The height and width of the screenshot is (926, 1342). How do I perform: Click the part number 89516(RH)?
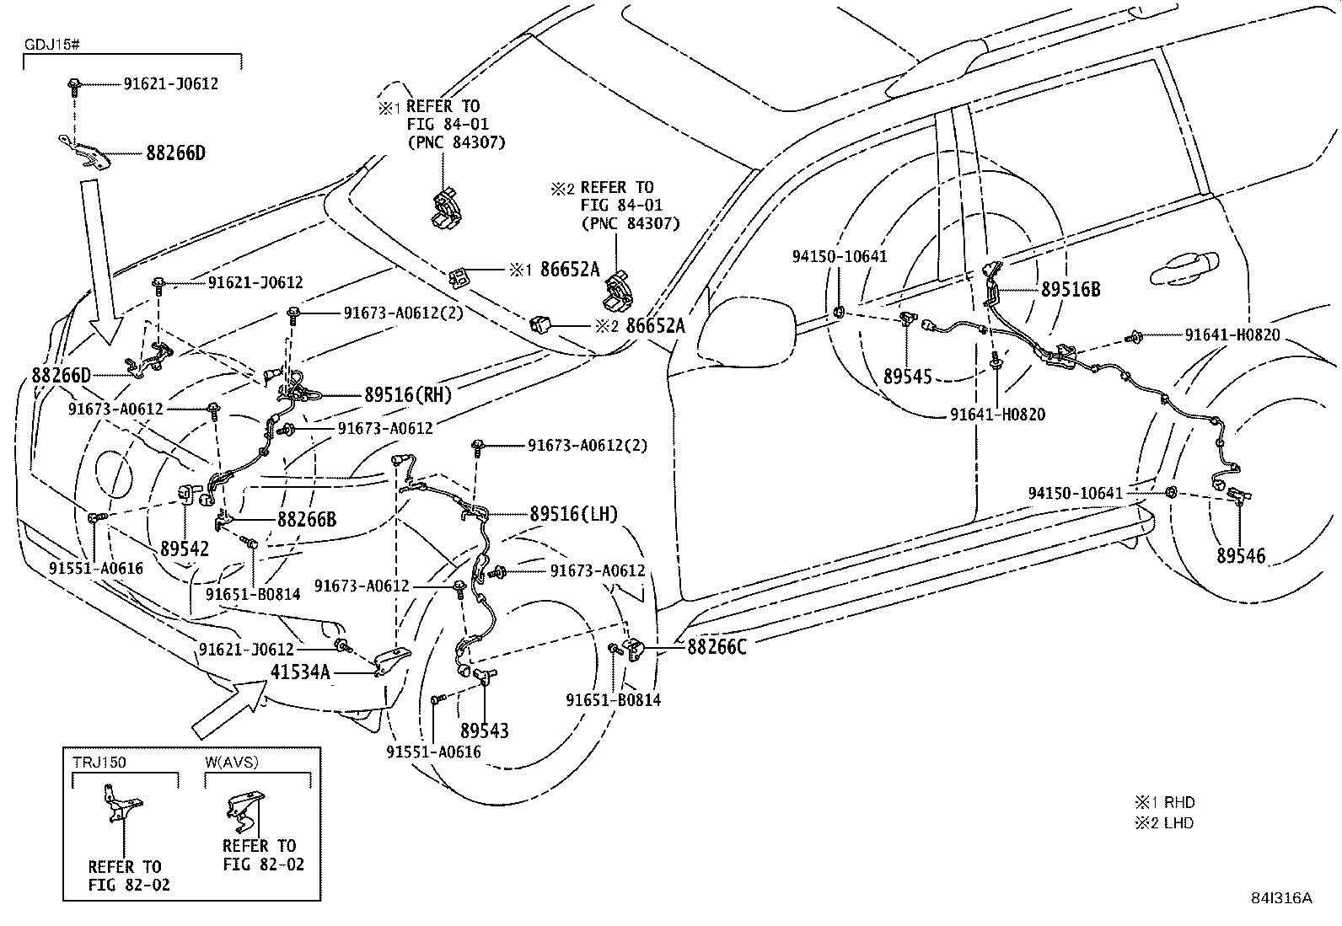pyautogui.click(x=408, y=395)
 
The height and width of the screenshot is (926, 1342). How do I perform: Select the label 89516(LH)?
pyautogui.click(x=573, y=514)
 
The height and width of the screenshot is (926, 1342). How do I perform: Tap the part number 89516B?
pyautogui.click(x=1071, y=289)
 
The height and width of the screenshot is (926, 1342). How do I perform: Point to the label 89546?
pyautogui.click(x=1241, y=555)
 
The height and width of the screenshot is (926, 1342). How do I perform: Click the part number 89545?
pyautogui.click(x=908, y=376)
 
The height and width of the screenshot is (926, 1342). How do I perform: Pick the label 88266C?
pyautogui.click(x=717, y=646)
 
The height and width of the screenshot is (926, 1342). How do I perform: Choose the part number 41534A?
pyautogui.click(x=300, y=672)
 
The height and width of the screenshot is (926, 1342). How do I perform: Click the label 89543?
pyautogui.click(x=484, y=731)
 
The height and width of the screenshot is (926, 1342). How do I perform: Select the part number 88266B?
pyautogui.click(x=307, y=520)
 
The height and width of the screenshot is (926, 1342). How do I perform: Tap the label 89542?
pyautogui.click(x=184, y=549)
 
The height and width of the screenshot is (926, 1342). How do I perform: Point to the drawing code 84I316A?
pyautogui.click(x=1280, y=898)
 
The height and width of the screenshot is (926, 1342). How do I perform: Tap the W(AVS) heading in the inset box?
pyautogui.click(x=231, y=763)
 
